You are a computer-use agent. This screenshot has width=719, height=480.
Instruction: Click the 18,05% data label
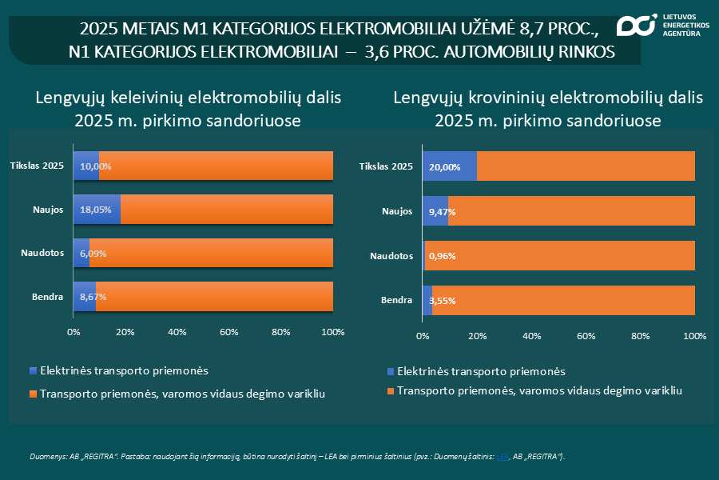(95, 210)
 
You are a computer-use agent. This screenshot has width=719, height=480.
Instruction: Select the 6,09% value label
(93, 254)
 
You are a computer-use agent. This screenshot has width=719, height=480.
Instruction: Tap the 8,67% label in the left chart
(93, 297)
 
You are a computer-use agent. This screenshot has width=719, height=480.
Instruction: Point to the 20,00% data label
(444, 166)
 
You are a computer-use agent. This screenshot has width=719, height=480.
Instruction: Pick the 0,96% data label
(442, 257)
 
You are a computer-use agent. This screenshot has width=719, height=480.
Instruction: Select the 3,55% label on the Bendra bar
(443, 301)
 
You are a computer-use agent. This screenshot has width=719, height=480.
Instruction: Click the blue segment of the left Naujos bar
(97, 210)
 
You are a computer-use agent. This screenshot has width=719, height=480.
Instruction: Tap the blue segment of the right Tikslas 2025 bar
(449, 166)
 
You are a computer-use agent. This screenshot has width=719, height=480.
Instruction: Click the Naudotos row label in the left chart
(42, 254)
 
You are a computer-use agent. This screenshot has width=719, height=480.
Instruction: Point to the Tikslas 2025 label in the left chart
(37, 166)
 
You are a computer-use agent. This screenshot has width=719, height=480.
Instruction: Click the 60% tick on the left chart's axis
(228, 332)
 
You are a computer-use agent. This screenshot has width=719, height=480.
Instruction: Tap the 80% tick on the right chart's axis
(640, 336)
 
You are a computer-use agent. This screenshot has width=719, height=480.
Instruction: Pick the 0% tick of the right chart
(422, 336)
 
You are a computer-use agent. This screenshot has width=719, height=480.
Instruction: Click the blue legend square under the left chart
(33, 370)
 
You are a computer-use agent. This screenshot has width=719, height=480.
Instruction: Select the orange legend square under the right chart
(390, 390)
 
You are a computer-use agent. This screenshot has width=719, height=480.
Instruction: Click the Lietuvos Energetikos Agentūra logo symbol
(635, 26)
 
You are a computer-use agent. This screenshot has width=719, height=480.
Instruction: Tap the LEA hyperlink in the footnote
(503, 456)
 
